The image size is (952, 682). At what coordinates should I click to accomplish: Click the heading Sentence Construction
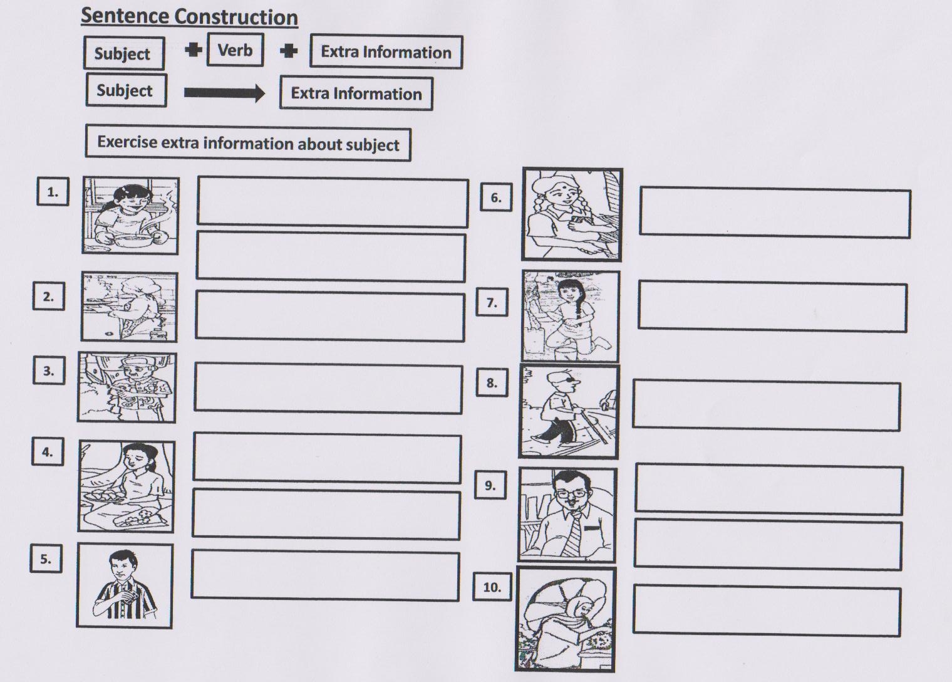tap(189, 17)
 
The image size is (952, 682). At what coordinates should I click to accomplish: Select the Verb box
tap(235, 50)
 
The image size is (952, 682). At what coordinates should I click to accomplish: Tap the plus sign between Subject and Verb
tap(194, 50)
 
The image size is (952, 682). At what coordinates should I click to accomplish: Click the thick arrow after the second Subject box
tap(224, 93)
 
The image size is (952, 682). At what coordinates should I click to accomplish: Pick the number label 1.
tap(53, 191)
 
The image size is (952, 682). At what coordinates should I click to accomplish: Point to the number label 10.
tap(492, 587)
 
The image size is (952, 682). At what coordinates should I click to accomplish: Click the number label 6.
tap(496, 197)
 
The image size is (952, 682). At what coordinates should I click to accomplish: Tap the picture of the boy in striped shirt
tap(125, 585)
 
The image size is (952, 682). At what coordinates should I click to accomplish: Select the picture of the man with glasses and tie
tap(567, 515)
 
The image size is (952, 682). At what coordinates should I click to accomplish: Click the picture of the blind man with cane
tap(568, 411)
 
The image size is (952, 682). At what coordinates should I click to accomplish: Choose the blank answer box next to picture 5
tap(325, 575)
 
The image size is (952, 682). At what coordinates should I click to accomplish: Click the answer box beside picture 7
tap(772, 307)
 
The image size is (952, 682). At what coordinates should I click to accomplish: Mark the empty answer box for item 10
tap(767, 611)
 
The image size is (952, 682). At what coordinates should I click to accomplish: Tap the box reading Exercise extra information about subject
tap(248, 143)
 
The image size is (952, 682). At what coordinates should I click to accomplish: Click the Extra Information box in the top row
tap(386, 51)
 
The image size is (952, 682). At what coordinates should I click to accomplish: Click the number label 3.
tap(49, 370)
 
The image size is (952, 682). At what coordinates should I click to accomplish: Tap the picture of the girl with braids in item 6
tap(572, 214)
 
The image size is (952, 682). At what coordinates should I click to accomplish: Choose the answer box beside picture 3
tap(328, 388)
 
